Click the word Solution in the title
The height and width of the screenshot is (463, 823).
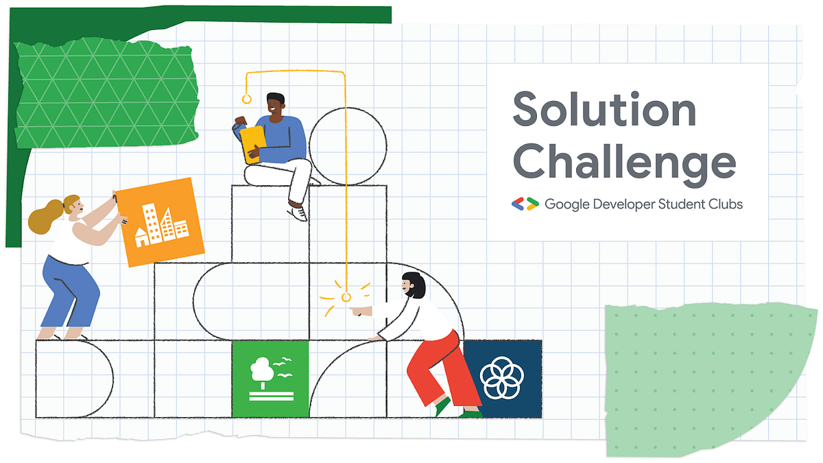pos(604,110)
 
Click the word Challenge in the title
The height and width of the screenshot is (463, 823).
pos(624,163)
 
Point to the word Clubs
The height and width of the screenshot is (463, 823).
pos(726,204)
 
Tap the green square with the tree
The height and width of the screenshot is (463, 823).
pos(270,379)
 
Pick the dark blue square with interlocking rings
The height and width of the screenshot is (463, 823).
pos(503,379)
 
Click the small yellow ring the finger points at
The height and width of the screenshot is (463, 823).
pos(346,297)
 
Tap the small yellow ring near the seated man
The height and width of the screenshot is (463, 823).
pos(248,99)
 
